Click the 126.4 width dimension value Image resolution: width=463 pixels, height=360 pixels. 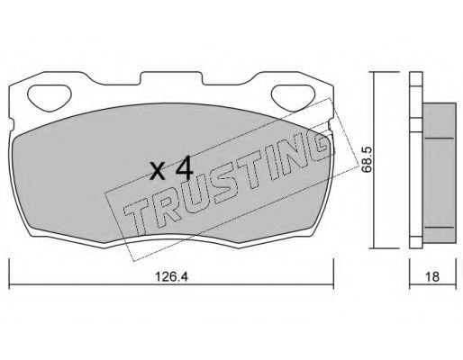point(171,276)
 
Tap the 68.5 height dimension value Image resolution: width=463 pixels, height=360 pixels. point(367,159)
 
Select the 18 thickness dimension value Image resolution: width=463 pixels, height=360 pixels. point(432,276)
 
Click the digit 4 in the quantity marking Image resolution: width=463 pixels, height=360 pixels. point(184,167)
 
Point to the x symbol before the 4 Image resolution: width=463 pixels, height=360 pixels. point(158,172)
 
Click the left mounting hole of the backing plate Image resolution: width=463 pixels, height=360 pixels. point(50,96)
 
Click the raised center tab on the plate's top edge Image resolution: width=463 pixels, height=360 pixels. point(171,77)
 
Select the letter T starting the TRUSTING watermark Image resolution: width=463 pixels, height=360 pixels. point(137,215)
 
